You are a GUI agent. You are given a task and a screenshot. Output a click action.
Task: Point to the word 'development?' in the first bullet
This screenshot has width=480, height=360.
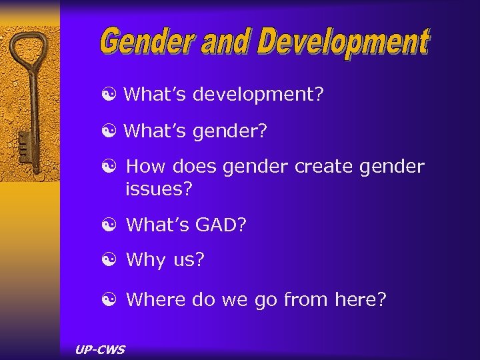[259, 95]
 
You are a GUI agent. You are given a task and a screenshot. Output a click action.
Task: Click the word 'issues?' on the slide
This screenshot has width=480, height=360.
[159, 189]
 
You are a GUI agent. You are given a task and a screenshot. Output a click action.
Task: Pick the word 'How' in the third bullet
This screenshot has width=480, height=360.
[142, 166]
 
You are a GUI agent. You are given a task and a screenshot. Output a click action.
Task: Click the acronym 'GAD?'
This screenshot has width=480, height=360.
[221, 225]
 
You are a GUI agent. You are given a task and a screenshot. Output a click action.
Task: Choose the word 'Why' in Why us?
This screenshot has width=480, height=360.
[145, 260]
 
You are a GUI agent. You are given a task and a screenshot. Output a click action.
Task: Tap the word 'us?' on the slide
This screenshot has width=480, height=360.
[189, 260]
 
